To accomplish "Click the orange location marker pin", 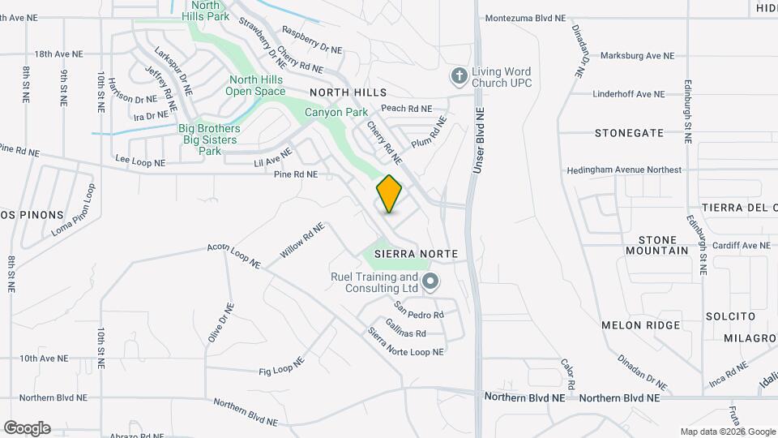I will [390, 193].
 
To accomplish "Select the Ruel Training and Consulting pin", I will [431, 282].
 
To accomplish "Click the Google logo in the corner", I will [27, 428].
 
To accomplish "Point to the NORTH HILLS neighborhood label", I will [348, 93].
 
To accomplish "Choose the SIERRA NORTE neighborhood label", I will [417, 254].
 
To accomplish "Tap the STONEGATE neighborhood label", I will [629, 132].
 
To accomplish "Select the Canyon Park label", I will [336, 113].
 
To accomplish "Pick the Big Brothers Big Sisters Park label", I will [210, 140].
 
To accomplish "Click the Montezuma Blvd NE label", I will [535, 18].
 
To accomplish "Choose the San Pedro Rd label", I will [419, 311].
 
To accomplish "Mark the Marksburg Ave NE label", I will [637, 56].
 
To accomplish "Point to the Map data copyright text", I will [728, 432].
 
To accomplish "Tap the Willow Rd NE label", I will [302, 241].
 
